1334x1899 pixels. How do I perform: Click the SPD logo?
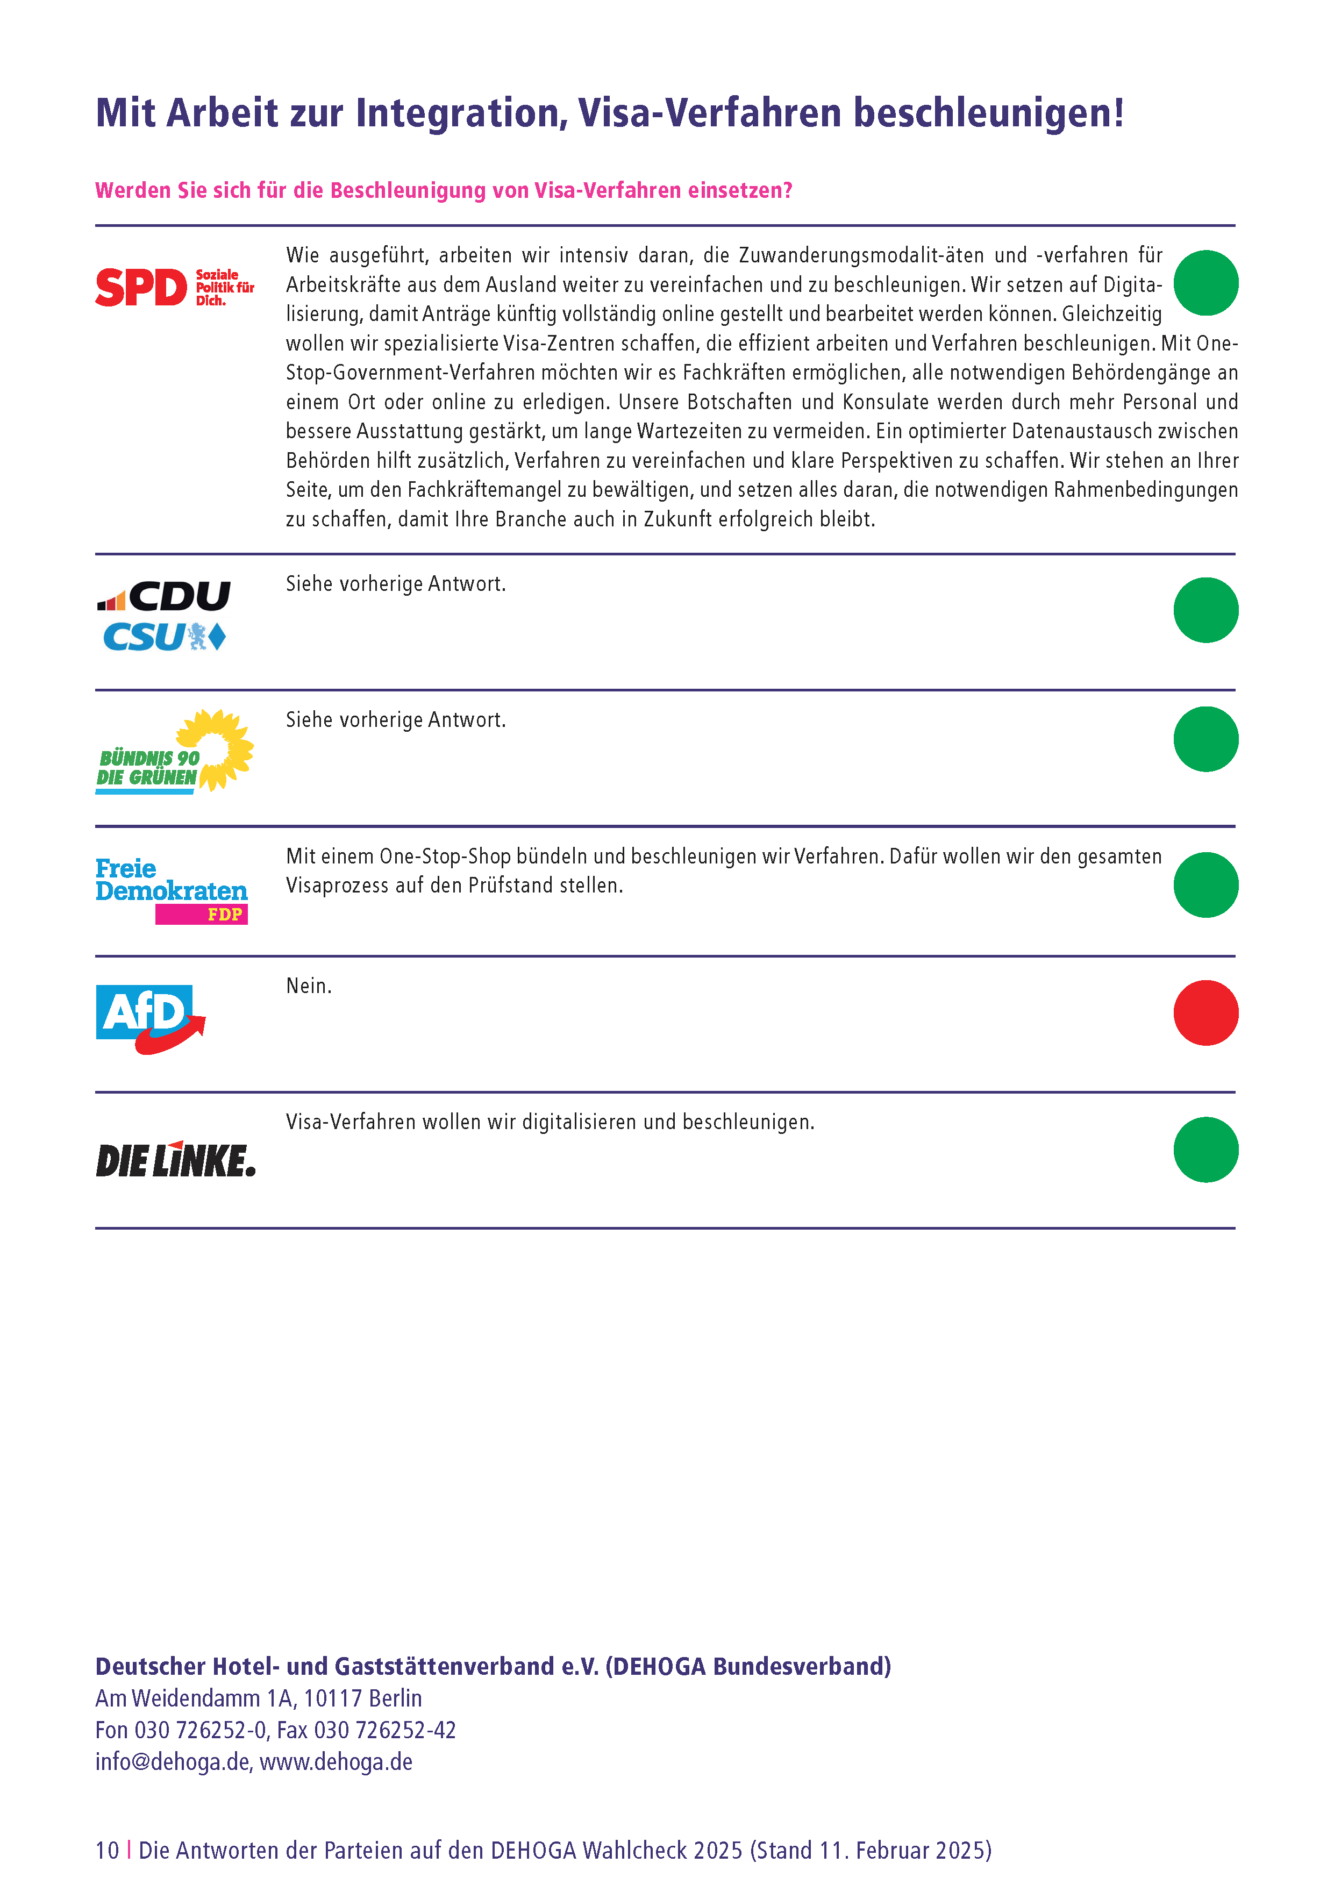175,287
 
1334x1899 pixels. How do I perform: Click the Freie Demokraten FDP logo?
171,890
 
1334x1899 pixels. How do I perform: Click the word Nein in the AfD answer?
308,986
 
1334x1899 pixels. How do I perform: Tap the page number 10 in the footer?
106,1850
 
